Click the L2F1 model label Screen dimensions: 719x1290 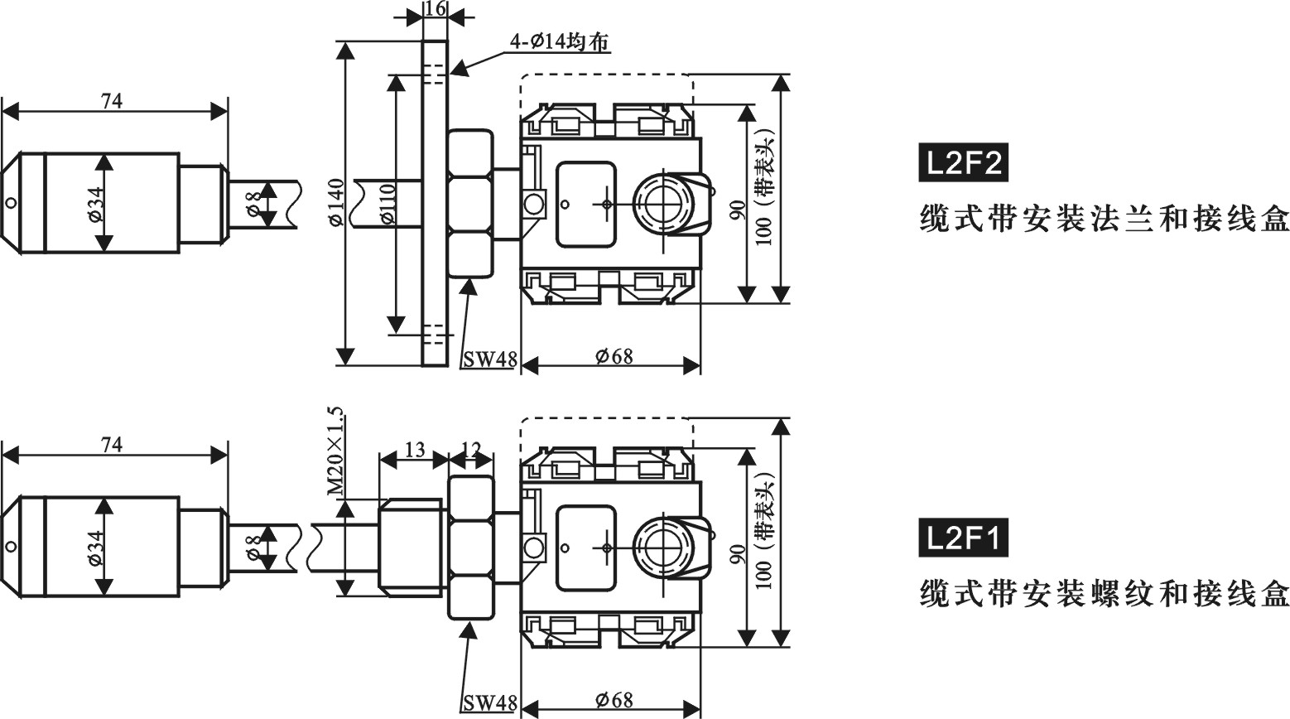click(963, 538)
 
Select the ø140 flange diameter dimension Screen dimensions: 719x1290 click(335, 202)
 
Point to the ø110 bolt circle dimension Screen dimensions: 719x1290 click(387, 204)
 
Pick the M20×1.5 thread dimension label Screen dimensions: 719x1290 click(335, 451)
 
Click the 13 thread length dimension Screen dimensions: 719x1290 click(414, 450)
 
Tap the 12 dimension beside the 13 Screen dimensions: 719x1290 click(470, 450)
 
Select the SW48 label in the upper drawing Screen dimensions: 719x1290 click(489, 359)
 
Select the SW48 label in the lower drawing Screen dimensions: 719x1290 click(489, 703)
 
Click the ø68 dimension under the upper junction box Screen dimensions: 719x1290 click(614, 356)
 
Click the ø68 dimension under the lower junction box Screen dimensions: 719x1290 click(614, 700)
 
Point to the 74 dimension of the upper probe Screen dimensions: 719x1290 click(112, 101)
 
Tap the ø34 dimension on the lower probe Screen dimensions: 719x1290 click(95, 548)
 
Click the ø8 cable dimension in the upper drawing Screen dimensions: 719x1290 click(255, 204)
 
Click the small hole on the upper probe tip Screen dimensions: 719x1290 click(10, 203)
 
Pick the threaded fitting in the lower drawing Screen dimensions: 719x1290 click(412, 547)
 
